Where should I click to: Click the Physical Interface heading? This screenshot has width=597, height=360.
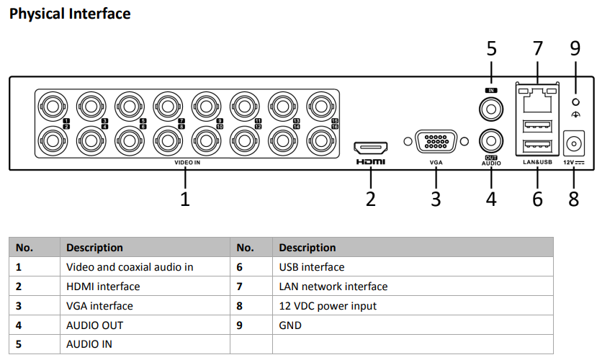[x=70, y=14]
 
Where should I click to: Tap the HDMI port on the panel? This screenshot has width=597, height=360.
[x=370, y=148]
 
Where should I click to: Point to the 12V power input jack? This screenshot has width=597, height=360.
[x=574, y=143]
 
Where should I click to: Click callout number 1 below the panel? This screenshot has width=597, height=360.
[x=185, y=199]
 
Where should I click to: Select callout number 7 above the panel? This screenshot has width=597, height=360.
[x=537, y=49]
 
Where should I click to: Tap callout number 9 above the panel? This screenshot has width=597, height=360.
[x=575, y=49]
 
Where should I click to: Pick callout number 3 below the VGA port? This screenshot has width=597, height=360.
[x=436, y=199]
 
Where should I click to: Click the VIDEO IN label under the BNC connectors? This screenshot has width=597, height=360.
[x=187, y=163]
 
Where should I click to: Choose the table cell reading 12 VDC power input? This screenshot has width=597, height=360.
[x=328, y=306]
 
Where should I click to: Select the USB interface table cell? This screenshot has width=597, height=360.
[x=312, y=267]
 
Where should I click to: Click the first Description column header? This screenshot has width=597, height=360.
[x=94, y=248]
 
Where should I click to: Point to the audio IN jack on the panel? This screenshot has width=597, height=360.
[x=491, y=108]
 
